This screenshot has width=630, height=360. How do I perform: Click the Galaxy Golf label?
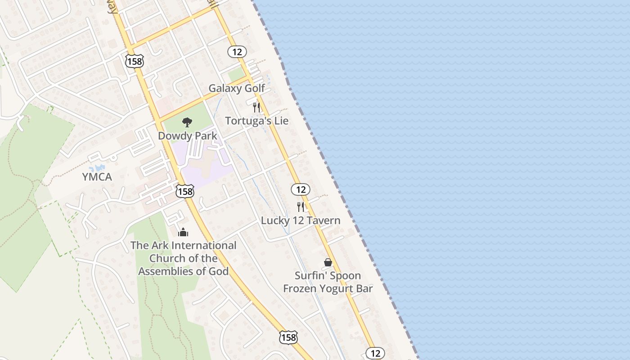237,88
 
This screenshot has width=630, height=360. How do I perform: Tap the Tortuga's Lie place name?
257,121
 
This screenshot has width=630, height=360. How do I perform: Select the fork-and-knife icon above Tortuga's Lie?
256,107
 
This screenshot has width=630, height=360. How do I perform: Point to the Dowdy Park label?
187,135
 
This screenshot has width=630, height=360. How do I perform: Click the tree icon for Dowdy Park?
187,122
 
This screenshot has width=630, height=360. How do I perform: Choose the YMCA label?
97,177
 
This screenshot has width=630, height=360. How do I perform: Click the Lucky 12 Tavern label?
301,220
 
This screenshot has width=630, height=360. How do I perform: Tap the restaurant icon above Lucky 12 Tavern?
301,207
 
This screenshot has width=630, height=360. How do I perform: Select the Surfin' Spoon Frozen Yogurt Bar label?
328,282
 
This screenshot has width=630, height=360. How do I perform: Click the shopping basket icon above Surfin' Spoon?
328,262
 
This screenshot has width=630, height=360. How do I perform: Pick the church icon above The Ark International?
183,232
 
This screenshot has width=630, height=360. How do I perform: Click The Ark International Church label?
183,258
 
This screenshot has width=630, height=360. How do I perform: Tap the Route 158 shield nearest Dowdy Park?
185,191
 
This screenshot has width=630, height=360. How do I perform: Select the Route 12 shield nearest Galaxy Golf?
237,52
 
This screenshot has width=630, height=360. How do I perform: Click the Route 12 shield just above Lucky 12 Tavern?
300,189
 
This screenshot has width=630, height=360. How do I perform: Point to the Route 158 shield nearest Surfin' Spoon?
288,337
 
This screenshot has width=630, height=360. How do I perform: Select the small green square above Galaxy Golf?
236,75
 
